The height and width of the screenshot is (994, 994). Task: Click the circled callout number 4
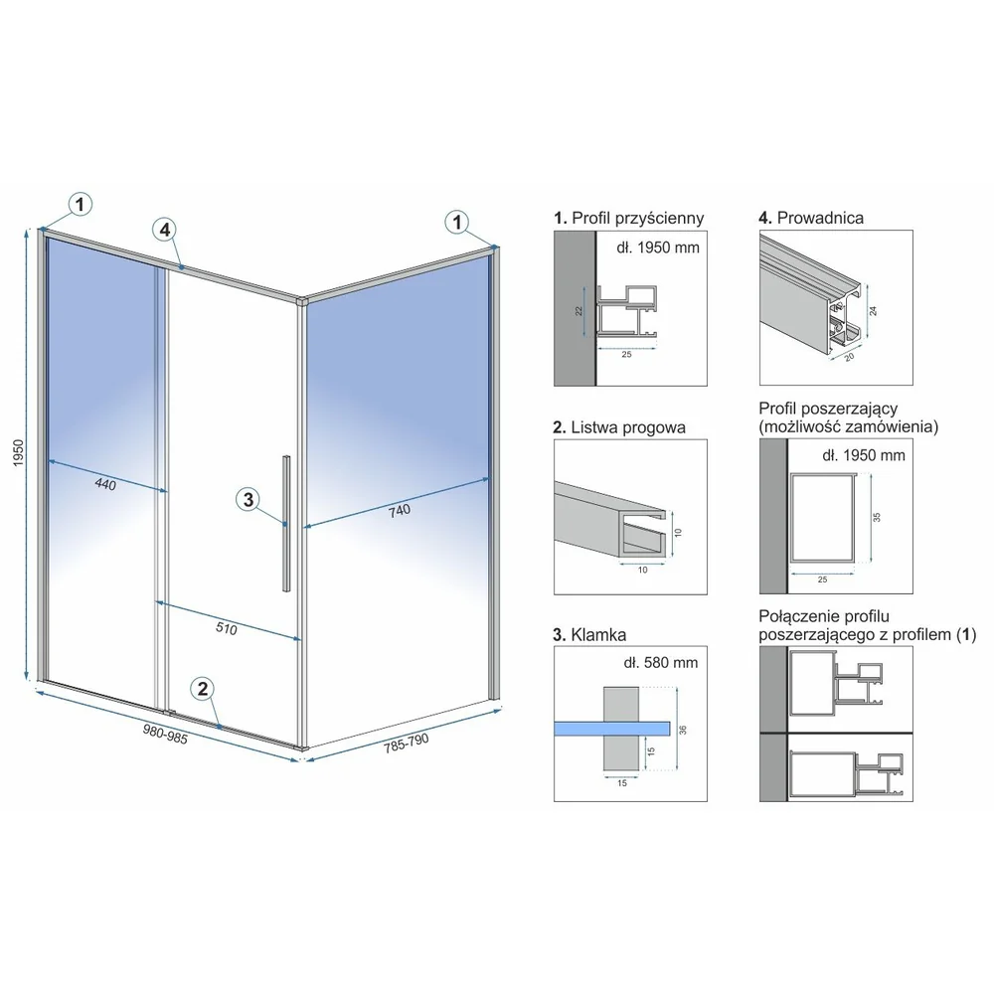click(165, 229)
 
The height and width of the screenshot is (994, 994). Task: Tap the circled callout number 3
click(248, 500)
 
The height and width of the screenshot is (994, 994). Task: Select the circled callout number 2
click(203, 689)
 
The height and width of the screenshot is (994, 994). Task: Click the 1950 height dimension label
click(18, 453)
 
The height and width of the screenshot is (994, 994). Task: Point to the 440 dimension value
click(105, 484)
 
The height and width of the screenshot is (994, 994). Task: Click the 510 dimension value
click(227, 628)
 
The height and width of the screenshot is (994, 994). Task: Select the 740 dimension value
click(400, 511)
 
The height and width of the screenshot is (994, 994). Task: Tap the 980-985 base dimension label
click(165, 735)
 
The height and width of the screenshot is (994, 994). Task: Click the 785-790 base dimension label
click(407, 743)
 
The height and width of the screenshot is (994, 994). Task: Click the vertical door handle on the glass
click(286, 523)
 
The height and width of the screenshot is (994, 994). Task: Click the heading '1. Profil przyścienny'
click(629, 218)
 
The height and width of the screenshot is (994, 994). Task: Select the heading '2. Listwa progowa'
click(619, 427)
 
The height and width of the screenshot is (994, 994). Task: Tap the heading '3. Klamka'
click(589, 635)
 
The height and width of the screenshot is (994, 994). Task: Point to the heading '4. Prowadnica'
click(811, 218)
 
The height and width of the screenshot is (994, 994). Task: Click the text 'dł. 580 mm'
click(661, 663)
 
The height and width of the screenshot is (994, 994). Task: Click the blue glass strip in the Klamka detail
click(611, 729)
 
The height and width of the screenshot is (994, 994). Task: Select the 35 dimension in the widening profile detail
click(878, 517)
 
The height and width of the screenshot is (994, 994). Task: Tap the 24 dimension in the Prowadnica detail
click(874, 311)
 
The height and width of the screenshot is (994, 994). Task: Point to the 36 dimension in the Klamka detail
click(683, 730)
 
